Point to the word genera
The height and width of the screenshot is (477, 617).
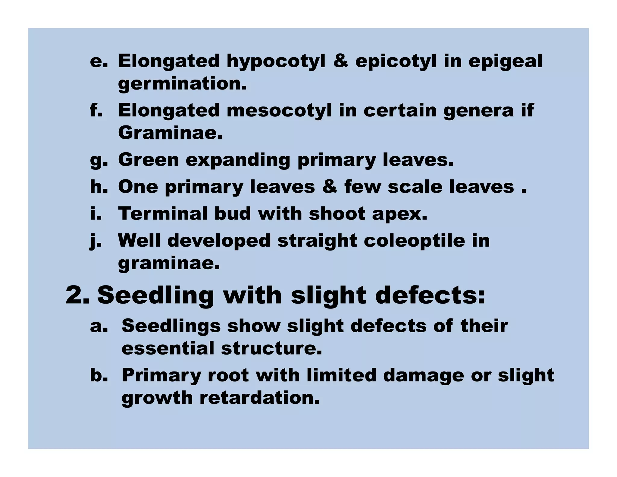(478, 110)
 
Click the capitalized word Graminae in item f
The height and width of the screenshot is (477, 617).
(170, 133)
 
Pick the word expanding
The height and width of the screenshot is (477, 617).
(238, 160)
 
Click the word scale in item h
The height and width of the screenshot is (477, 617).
(415, 187)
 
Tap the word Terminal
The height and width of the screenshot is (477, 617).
(163, 213)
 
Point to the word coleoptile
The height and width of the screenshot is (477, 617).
(414, 241)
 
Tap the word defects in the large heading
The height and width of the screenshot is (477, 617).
(430, 295)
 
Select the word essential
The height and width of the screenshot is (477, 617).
(168, 348)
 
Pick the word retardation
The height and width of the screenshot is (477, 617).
(259, 398)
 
